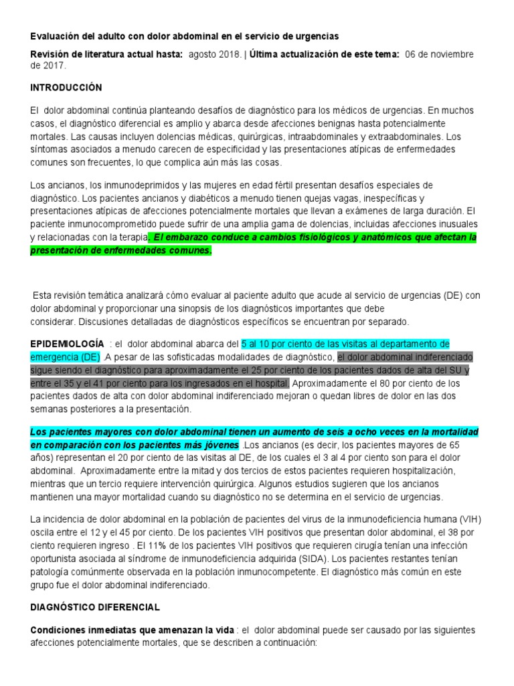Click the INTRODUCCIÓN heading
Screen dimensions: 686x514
66,88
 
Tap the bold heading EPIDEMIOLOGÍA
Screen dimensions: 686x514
67,343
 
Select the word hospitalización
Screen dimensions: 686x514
419,470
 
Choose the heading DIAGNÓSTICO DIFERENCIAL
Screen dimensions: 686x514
95,608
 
